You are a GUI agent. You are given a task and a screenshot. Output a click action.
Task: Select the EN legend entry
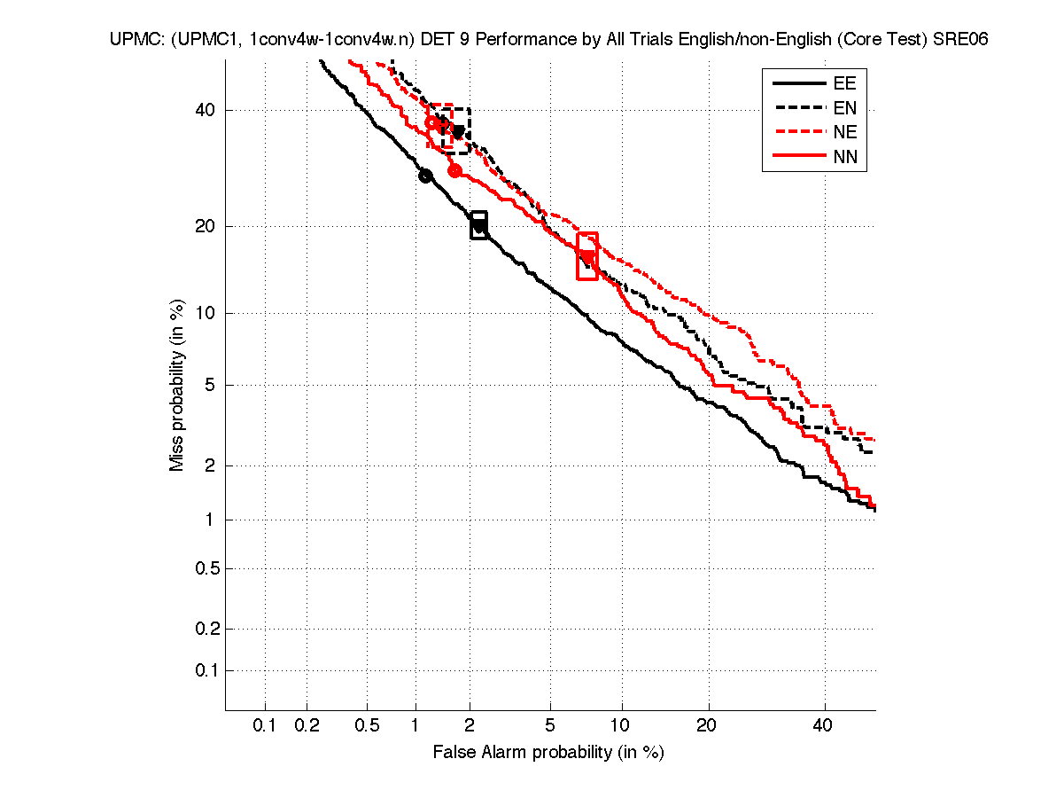[844, 108]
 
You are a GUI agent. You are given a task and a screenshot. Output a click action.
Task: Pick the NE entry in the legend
[844, 133]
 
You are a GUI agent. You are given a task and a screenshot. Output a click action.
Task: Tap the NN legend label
[844, 158]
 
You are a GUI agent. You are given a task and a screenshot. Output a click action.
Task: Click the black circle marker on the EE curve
[425, 176]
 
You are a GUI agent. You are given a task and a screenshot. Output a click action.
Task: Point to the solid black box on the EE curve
[478, 225]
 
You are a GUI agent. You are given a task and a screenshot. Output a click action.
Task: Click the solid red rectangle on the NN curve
[587, 255]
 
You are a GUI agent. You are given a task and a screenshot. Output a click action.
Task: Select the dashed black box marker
[456, 130]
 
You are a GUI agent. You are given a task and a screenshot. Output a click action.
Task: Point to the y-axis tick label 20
[206, 226]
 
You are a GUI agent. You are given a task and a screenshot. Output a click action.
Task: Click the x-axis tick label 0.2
[307, 726]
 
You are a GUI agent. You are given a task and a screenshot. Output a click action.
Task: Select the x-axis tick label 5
[550, 726]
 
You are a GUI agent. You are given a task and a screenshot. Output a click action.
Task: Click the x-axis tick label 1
[416, 726]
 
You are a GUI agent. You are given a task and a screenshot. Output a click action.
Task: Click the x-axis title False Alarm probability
[548, 753]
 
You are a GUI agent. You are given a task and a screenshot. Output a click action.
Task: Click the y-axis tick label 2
[209, 465]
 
